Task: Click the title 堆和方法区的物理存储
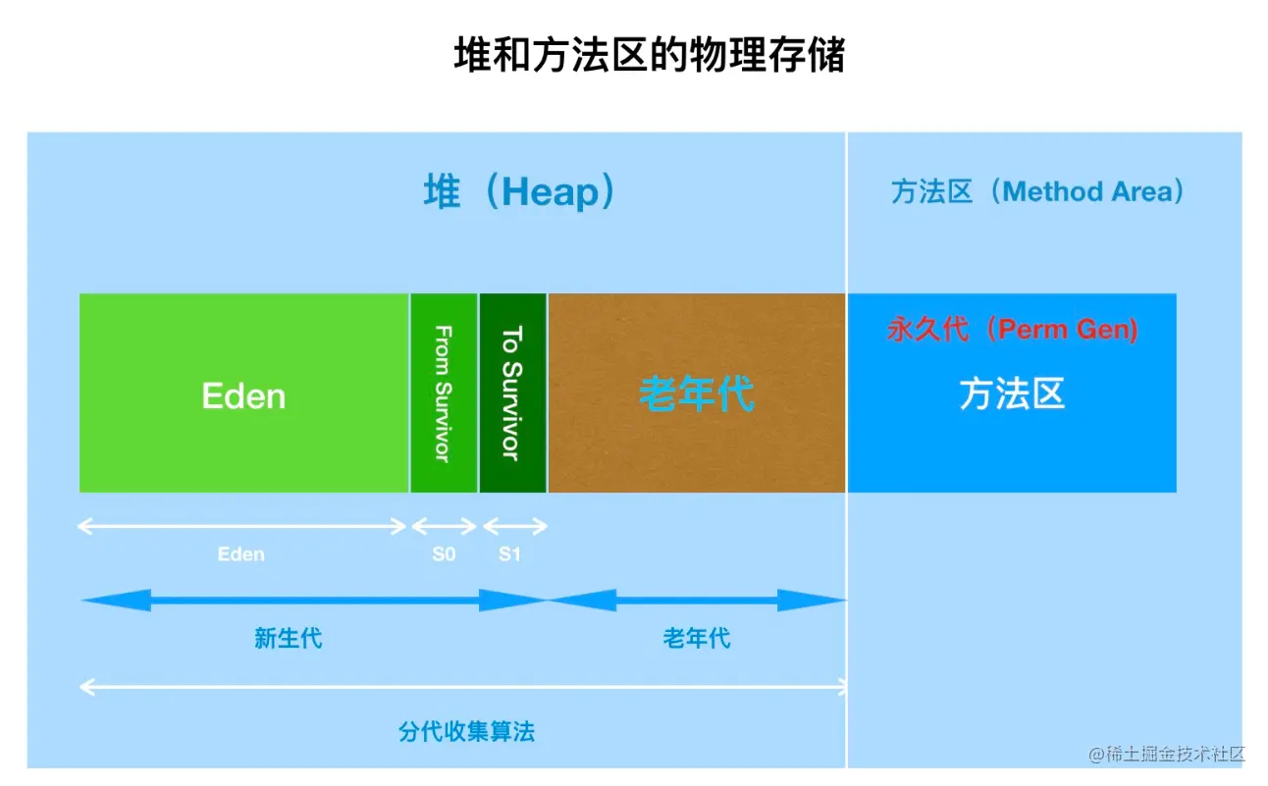tap(649, 56)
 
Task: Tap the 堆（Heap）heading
tap(519, 191)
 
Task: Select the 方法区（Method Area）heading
tap(1037, 191)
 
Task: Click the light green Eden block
tap(243, 393)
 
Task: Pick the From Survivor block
tap(444, 393)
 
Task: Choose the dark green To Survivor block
tap(512, 393)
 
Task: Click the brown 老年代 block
tap(696, 393)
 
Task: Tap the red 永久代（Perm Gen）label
tap(1012, 329)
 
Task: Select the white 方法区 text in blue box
tap(1012, 394)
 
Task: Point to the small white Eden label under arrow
tap(241, 554)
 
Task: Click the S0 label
tap(444, 554)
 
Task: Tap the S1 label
tap(509, 554)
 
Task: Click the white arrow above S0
tap(444, 526)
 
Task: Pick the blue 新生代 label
tap(288, 639)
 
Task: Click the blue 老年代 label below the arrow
tap(696, 639)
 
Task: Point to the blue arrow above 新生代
tap(313, 600)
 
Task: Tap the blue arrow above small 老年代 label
tap(696, 600)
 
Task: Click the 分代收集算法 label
tap(466, 731)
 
